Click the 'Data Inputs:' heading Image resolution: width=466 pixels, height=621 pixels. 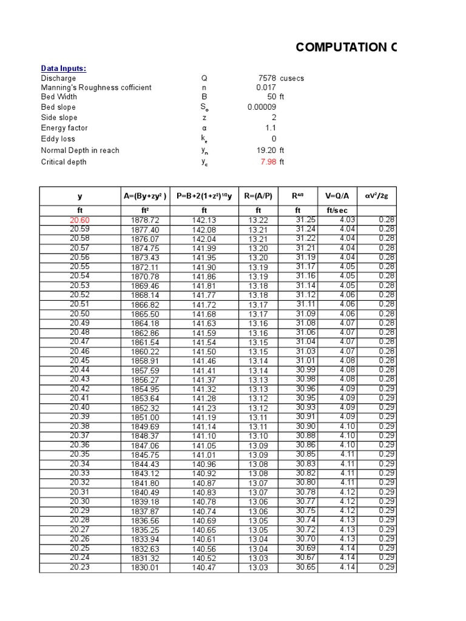64,69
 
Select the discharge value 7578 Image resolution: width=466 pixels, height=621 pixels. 267,78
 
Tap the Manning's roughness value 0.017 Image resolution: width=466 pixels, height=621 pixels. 266,87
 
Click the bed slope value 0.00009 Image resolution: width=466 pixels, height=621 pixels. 262,107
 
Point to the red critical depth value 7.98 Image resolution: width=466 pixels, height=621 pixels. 268,162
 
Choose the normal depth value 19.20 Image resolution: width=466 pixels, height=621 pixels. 266,150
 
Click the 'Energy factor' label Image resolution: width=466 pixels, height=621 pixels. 64,128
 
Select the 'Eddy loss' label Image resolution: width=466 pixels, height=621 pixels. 58,139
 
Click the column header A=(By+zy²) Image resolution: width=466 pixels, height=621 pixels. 145,196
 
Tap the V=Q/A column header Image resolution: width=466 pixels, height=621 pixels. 337,196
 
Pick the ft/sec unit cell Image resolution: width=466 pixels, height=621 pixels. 337,210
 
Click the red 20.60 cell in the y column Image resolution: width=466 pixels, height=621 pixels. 79,220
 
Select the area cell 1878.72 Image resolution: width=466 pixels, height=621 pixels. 145,220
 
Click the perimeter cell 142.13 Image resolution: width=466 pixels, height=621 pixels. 204,220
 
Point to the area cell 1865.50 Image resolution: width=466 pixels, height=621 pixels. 145,314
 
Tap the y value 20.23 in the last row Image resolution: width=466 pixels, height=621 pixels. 79,567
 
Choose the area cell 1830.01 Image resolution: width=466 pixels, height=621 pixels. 145,568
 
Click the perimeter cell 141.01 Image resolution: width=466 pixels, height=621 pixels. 204,455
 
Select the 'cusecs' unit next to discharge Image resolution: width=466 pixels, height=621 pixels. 292,78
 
